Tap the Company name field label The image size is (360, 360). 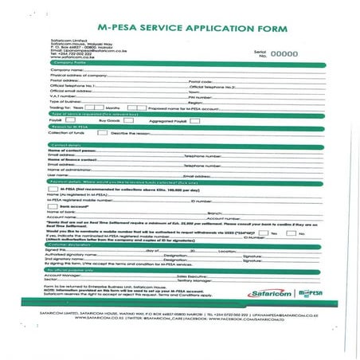(65, 70)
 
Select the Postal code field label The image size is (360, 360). (200, 80)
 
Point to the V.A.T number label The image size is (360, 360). (62, 96)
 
